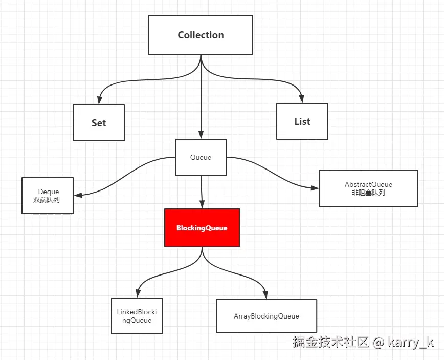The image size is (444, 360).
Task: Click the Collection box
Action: point(201,35)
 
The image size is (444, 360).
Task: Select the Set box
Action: point(99,123)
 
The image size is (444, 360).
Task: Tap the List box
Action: point(302,121)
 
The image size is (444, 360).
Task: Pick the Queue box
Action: point(201,158)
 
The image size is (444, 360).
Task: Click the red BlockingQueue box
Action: point(202,228)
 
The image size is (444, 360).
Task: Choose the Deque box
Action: point(48,196)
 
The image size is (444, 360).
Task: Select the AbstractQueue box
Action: point(368,188)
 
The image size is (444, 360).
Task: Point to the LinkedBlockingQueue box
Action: point(137,316)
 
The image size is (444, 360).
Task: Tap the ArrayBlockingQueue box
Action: point(266,316)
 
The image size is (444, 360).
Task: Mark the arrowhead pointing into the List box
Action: point(302,99)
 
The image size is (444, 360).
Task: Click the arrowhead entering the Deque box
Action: point(78,195)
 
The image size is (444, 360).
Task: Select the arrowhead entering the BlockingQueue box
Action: point(202,205)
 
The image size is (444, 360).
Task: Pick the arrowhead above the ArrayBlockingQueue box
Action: point(266,295)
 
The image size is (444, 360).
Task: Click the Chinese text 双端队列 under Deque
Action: point(47,200)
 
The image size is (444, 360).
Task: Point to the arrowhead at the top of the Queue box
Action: point(201,135)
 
